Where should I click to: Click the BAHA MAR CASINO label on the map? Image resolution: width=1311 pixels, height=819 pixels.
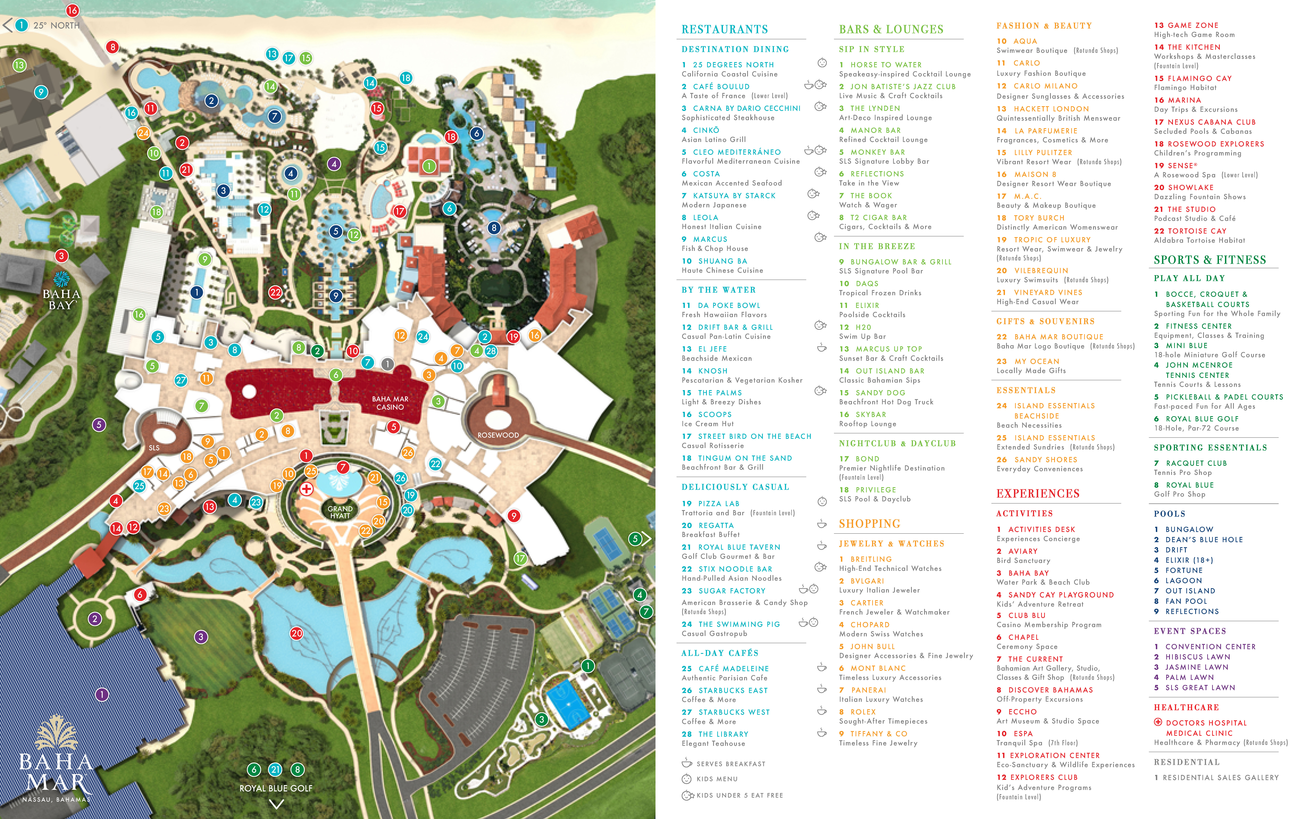390,403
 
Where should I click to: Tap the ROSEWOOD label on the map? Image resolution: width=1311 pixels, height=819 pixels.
498,435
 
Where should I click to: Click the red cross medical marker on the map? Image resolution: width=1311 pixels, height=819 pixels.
307,489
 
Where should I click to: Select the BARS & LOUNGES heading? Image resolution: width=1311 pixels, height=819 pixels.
891,29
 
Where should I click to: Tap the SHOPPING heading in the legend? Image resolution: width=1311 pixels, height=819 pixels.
869,524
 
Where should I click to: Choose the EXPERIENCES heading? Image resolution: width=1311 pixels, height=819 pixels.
1038,493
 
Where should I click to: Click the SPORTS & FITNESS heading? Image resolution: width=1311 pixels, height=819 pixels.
1210,260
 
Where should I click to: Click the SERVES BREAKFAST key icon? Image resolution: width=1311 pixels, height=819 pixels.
687,763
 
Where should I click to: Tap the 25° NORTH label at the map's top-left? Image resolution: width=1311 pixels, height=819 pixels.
56,26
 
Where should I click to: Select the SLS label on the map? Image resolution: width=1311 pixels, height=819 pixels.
154,448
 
